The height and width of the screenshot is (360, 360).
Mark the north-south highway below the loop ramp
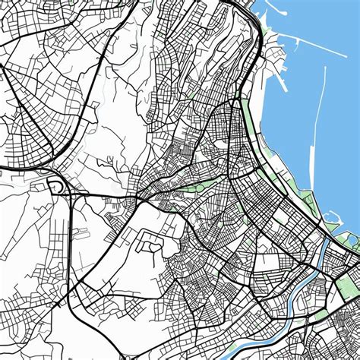tap(70, 243)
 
